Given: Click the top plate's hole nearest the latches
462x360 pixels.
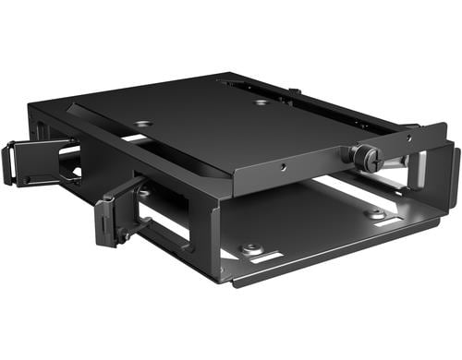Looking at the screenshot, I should coord(143,124).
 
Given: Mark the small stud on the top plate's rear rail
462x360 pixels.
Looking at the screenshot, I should coord(292,90).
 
